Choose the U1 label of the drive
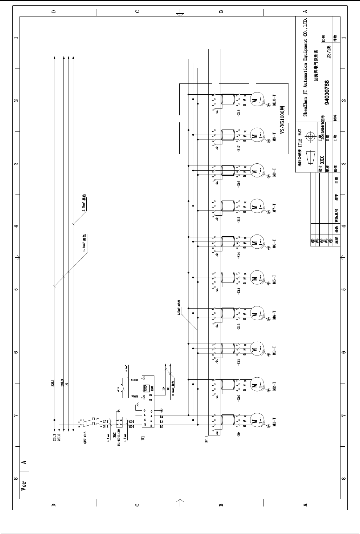click(142, 438)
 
